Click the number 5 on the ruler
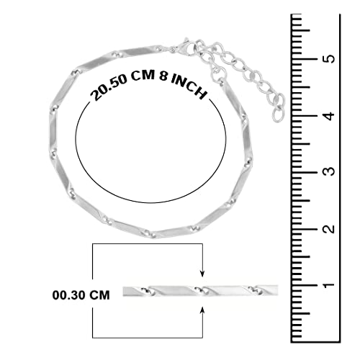tap(330, 58)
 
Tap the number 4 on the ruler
tap(330, 116)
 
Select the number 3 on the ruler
tap(330, 171)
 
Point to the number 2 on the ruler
tap(330, 228)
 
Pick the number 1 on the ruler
tap(330, 285)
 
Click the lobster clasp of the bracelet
tap(185, 48)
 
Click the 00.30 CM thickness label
tap(81, 295)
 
